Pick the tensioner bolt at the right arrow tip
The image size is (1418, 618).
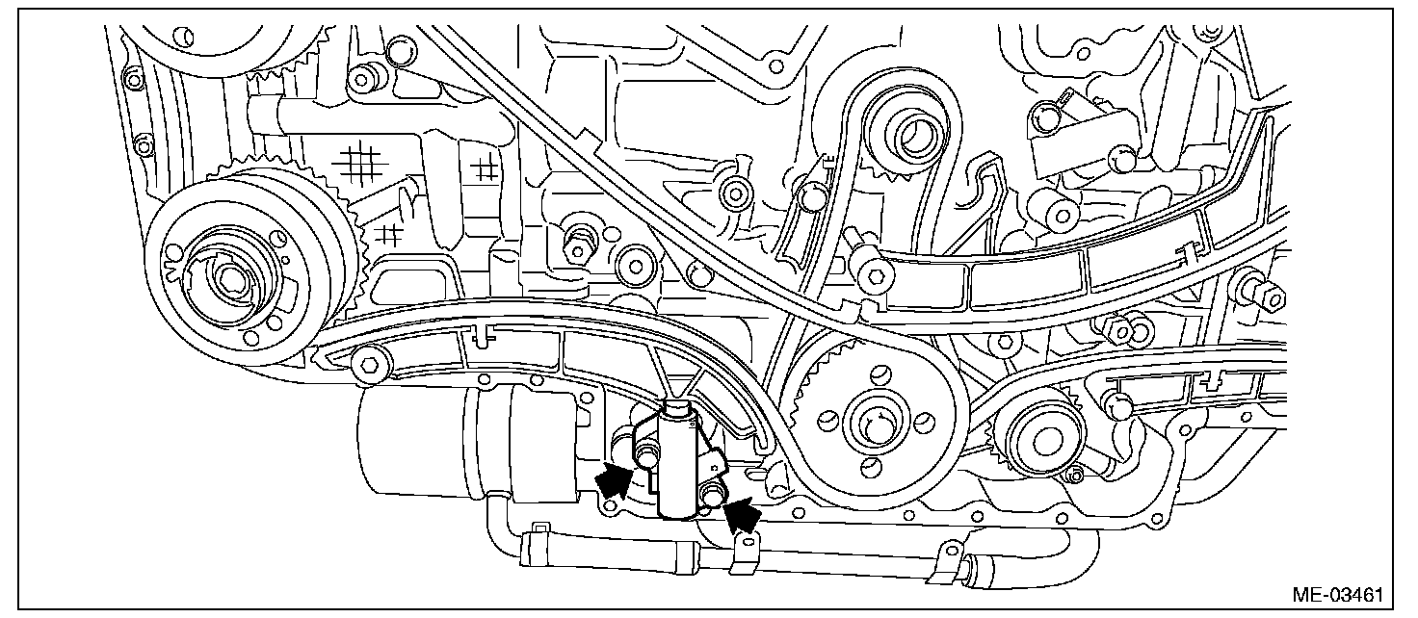[714, 496]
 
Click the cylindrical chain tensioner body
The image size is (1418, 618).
[683, 462]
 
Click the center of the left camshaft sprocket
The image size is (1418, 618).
[227, 278]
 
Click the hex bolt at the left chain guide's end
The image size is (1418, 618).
[369, 365]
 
